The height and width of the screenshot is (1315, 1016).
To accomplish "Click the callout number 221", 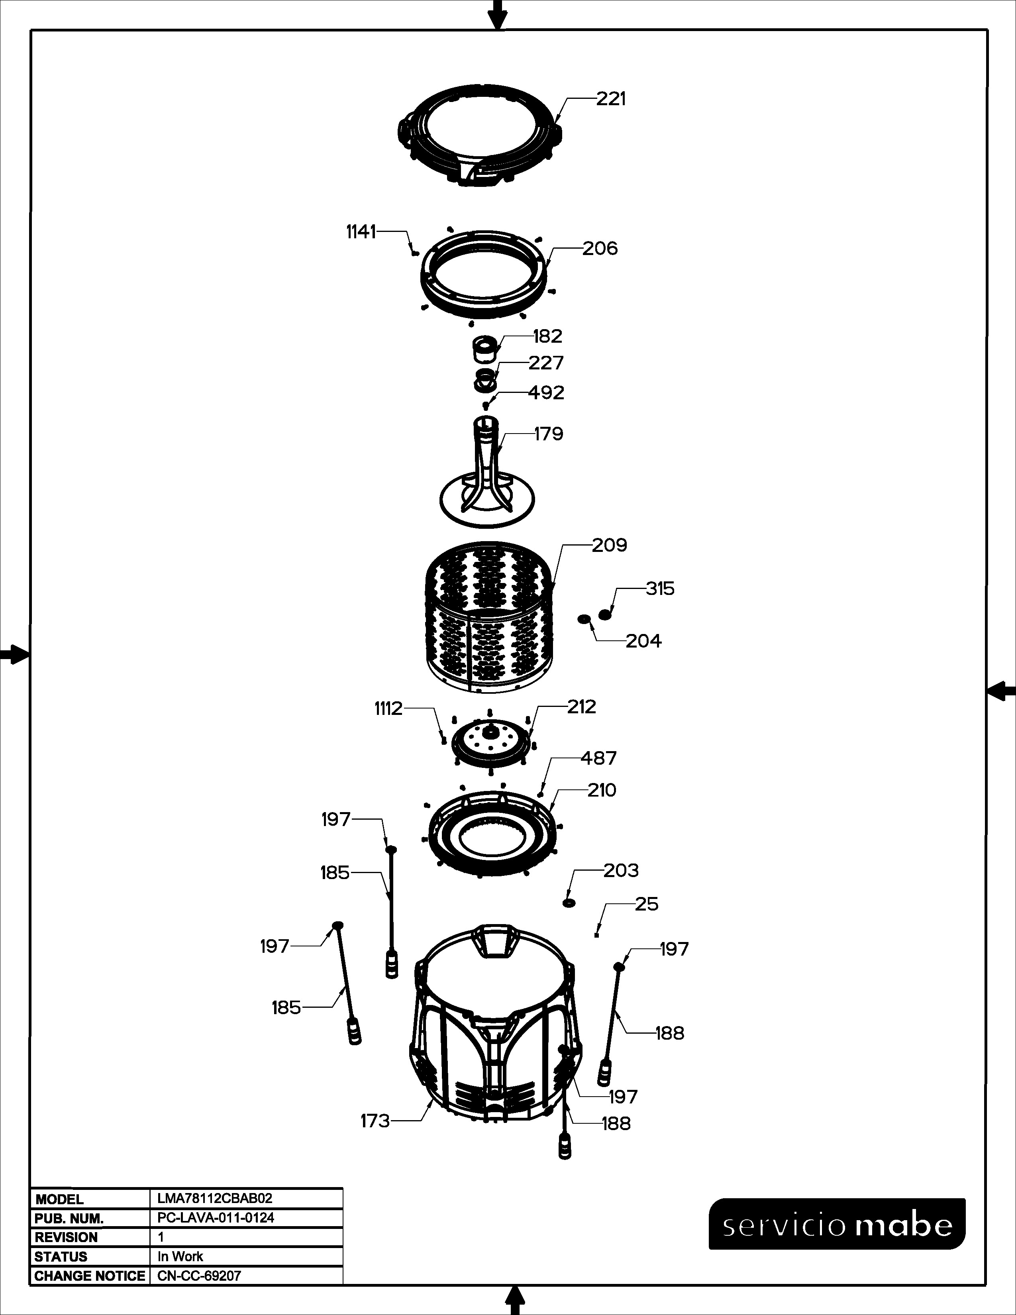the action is click(611, 99).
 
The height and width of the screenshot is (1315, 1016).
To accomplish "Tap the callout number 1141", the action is click(361, 232).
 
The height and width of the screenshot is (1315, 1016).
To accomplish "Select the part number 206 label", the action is click(600, 249).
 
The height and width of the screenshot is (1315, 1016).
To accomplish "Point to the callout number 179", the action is click(548, 434).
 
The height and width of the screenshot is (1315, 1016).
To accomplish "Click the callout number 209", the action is click(609, 546).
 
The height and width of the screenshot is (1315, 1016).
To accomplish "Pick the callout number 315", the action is click(660, 589).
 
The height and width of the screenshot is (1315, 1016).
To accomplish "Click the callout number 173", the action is click(375, 1121).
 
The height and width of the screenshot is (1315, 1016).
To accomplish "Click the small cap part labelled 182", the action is click(484, 349).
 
